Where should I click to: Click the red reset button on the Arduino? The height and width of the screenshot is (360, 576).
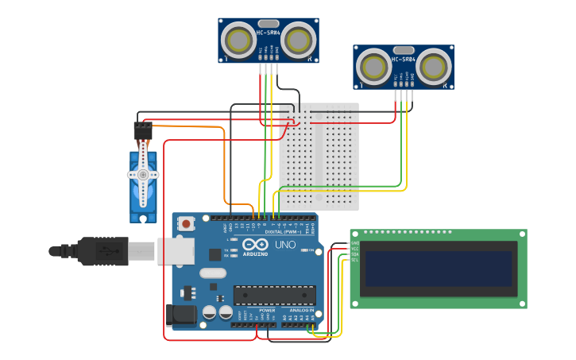(x=186, y=224)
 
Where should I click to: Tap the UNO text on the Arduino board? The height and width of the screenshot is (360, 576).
(x=284, y=245)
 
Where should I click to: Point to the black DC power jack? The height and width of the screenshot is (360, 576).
(x=181, y=315)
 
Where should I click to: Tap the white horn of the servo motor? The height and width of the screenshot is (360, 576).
(x=143, y=175)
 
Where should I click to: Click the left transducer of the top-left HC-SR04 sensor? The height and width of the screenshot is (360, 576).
(x=235, y=38)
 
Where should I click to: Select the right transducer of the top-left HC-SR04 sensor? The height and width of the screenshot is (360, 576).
(x=298, y=39)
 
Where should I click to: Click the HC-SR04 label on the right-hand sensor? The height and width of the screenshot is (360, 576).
(x=403, y=60)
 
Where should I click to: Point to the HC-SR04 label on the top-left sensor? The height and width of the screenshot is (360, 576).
(x=267, y=33)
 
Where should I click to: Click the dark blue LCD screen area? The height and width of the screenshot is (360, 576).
(x=438, y=269)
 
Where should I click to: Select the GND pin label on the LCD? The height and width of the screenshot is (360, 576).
(x=355, y=243)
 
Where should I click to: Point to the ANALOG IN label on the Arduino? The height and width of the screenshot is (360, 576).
(x=303, y=310)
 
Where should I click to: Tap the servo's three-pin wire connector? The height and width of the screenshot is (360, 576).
(x=143, y=130)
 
